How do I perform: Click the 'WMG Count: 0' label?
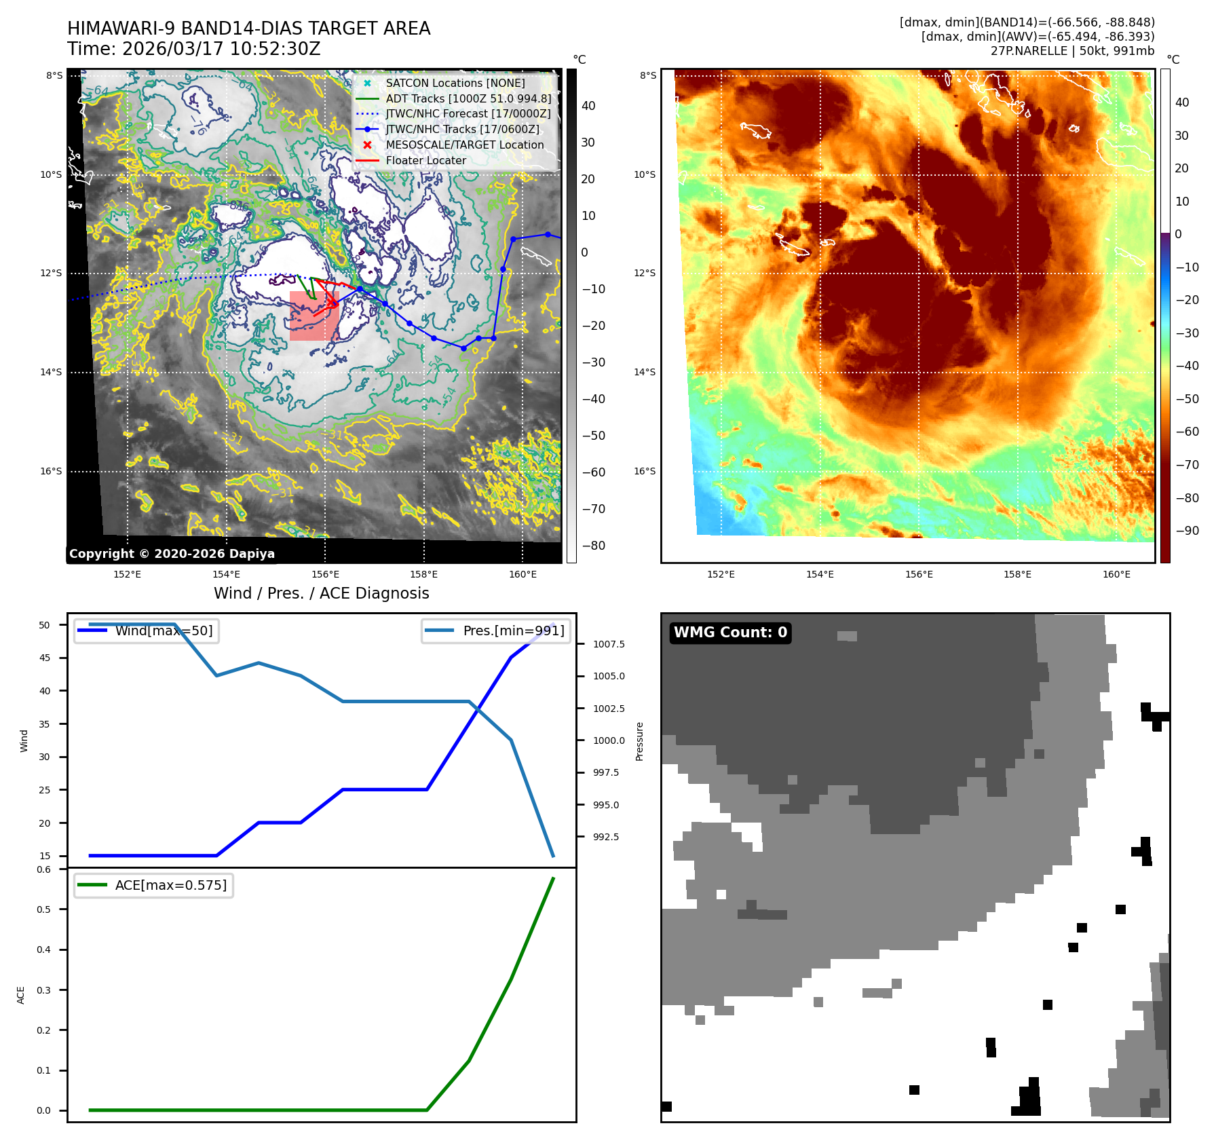point(729,633)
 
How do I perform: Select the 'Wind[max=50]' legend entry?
point(164,631)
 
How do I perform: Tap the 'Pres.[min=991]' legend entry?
point(513,631)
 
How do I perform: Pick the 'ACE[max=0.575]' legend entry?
point(170,885)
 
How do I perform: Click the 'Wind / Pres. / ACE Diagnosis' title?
point(321,593)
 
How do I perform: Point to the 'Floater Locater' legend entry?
point(425,161)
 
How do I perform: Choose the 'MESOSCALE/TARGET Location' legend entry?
point(464,145)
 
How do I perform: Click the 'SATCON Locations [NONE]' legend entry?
point(455,83)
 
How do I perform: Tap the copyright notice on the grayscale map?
point(172,554)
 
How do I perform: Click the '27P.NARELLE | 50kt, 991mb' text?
point(1072,51)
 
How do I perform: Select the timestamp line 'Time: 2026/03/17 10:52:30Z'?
point(193,49)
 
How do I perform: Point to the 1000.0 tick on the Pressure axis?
point(609,740)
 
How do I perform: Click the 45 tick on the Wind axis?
point(45,658)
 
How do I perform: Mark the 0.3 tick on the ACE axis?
point(44,990)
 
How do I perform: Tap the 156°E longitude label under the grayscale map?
point(325,574)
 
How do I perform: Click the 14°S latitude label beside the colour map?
point(645,372)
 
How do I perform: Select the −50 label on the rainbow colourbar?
point(1187,398)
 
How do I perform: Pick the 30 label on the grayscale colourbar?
point(588,143)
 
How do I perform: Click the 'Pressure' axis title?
point(639,741)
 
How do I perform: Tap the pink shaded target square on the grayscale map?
point(314,316)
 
